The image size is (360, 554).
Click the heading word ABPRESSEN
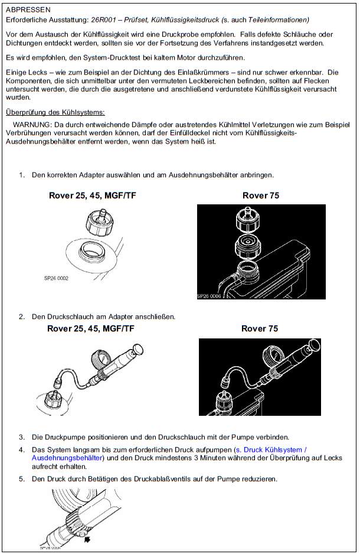(28, 10)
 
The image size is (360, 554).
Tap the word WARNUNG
(32, 125)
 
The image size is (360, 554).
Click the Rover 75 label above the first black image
(260, 195)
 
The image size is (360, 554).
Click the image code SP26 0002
(57, 278)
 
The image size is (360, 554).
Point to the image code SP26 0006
(212, 296)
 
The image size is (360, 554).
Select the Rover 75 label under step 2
(260, 328)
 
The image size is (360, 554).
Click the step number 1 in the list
(22, 175)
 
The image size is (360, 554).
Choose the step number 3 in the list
(22, 437)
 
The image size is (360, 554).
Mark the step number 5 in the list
(22, 478)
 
